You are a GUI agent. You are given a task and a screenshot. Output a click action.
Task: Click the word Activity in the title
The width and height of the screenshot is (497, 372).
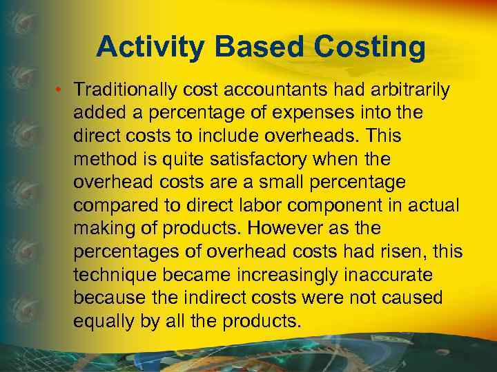(151, 47)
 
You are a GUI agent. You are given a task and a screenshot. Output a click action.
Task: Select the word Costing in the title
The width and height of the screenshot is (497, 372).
(371, 47)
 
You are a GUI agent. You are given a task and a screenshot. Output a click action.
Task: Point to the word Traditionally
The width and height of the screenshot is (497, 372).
(126, 90)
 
